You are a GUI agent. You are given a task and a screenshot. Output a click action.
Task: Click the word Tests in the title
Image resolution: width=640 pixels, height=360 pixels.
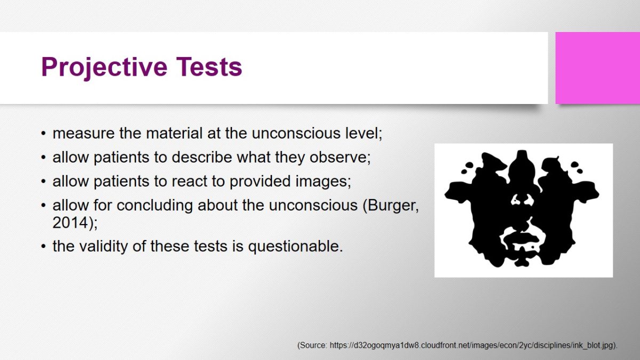[209, 67]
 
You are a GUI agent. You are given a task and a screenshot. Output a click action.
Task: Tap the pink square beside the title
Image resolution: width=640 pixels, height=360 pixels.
[598, 68]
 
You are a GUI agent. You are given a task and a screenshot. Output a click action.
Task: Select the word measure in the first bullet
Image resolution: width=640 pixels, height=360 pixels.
[83, 133]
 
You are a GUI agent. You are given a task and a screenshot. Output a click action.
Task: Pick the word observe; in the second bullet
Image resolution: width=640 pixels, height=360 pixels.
[340, 157]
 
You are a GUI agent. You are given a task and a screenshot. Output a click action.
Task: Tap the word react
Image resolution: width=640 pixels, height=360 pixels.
[189, 181]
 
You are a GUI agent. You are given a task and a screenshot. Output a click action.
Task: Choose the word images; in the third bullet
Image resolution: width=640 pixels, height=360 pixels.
[323, 181]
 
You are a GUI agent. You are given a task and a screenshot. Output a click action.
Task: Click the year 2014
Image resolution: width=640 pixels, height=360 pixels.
[70, 223]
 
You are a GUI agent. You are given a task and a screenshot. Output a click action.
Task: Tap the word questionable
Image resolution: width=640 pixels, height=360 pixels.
[295, 246]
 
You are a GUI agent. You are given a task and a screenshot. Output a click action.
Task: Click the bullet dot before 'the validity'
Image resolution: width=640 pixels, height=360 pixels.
[43, 246]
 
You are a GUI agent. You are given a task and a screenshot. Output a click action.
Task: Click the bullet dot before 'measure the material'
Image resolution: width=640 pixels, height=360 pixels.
[43, 134]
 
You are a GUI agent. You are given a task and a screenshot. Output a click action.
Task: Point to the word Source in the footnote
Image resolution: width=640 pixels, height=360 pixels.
[313, 346]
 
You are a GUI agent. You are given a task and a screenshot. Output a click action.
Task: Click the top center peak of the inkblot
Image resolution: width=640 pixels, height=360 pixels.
[522, 151]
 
